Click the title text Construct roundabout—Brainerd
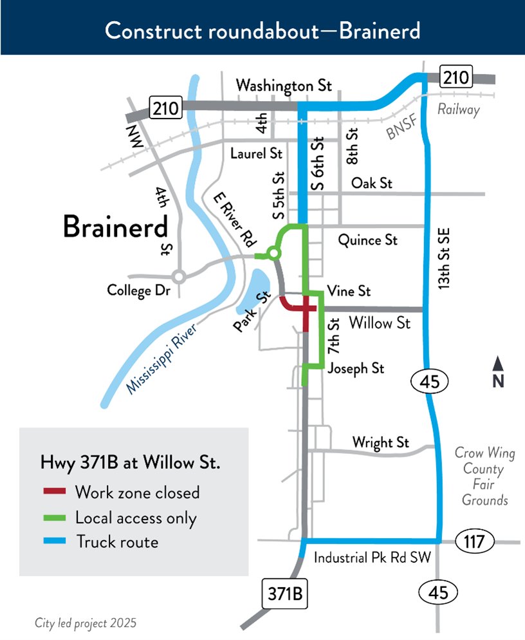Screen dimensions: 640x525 262,30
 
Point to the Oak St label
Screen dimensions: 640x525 371,184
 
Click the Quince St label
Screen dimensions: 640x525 368,240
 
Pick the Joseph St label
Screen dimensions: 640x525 356,368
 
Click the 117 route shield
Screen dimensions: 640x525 475,541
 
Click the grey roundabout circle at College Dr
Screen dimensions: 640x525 180,277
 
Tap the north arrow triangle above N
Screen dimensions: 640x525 498,364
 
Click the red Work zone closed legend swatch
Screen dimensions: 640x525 54,493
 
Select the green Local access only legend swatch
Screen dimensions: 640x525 54,517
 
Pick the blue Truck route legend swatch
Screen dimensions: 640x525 54,541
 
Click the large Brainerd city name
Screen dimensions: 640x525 115,227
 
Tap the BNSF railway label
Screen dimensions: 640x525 404,130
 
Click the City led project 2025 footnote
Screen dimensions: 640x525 86,623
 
